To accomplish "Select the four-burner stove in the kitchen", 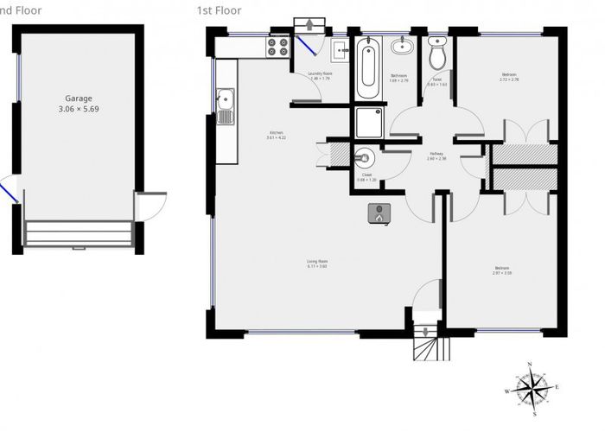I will (278, 47).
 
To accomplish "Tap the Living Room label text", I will (316, 263).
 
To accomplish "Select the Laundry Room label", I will (320, 74).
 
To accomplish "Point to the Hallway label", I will (437, 156).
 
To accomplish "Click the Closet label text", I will (366, 175).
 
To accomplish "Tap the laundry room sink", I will (338, 48).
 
